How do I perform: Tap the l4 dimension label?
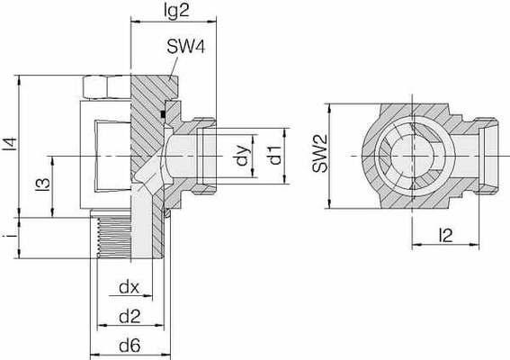pos(9,143)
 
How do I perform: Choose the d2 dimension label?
pos(129,316)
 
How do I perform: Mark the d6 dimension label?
pos(129,345)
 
